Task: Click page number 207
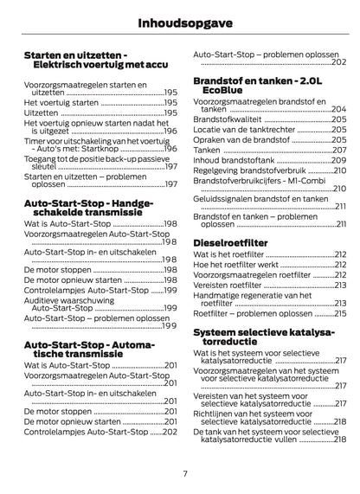point(339,150)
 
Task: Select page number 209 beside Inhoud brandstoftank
point(339,161)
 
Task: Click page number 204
point(339,108)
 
